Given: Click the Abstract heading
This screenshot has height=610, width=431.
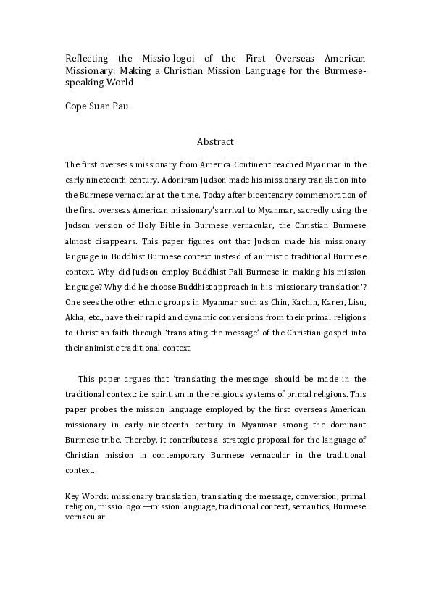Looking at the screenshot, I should pos(215,142).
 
